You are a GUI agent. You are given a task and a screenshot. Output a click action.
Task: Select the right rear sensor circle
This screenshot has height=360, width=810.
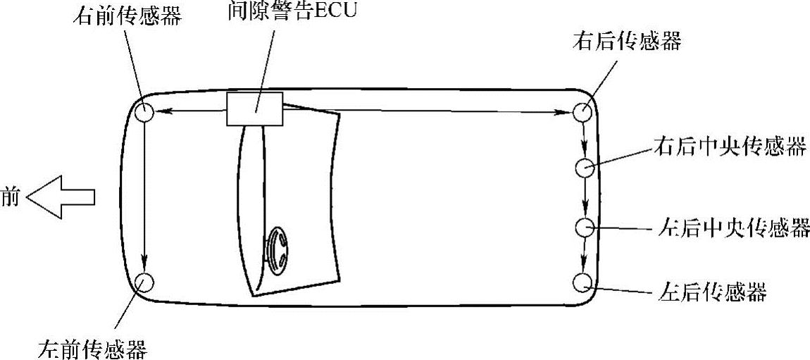[x=583, y=111]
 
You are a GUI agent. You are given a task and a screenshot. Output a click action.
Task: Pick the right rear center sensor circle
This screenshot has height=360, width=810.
[x=585, y=168]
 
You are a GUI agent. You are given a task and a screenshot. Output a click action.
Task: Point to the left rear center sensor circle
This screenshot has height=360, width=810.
[x=585, y=228]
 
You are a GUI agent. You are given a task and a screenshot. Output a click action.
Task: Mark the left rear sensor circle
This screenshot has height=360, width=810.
[x=582, y=282]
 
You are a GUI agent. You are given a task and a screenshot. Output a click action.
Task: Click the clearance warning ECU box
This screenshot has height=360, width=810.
[x=254, y=109]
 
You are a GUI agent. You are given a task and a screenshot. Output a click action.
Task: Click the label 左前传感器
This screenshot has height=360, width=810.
[x=94, y=348]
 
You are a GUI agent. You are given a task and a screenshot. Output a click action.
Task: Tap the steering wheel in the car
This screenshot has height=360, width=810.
[x=276, y=252]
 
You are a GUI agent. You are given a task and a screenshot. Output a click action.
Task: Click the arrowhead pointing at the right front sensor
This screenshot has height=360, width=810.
[x=158, y=111]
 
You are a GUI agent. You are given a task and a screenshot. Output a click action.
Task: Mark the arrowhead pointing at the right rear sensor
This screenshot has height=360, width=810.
[x=569, y=111]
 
